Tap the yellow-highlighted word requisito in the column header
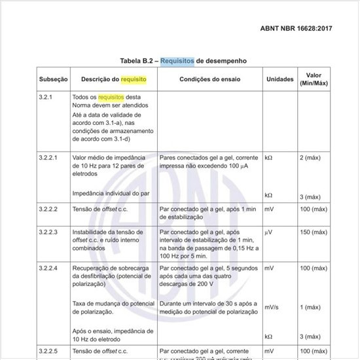(x=134, y=79)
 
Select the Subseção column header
(x=53, y=79)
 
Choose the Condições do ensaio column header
(x=210, y=79)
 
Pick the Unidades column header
(x=279, y=79)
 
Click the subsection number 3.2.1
(x=47, y=96)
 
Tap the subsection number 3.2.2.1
(x=50, y=158)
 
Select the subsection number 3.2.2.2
(x=51, y=209)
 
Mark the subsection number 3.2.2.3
(x=51, y=232)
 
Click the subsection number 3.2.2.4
(x=51, y=268)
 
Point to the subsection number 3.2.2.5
(x=51, y=351)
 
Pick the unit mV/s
(x=272, y=307)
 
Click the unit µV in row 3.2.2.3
(x=268, y=232)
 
